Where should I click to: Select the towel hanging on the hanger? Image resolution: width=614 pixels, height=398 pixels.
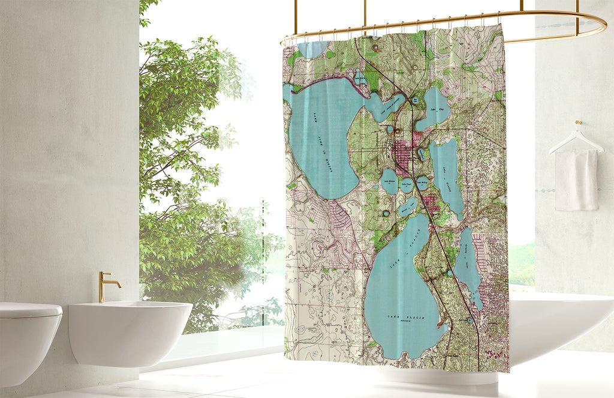pyautogui.click(x=576, y=180)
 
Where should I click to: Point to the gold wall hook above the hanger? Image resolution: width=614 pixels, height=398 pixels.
pyautogui.click(x=579, y=124)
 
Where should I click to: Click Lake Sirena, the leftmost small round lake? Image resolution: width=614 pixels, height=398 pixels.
pyautogui.click(x=390, y=181)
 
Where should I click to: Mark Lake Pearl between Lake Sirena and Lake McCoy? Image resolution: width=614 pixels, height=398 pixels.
pyautogui.click(x=407, y=184)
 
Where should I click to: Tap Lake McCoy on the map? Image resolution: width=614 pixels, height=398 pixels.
pyautogui.click(x=423, y=184)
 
